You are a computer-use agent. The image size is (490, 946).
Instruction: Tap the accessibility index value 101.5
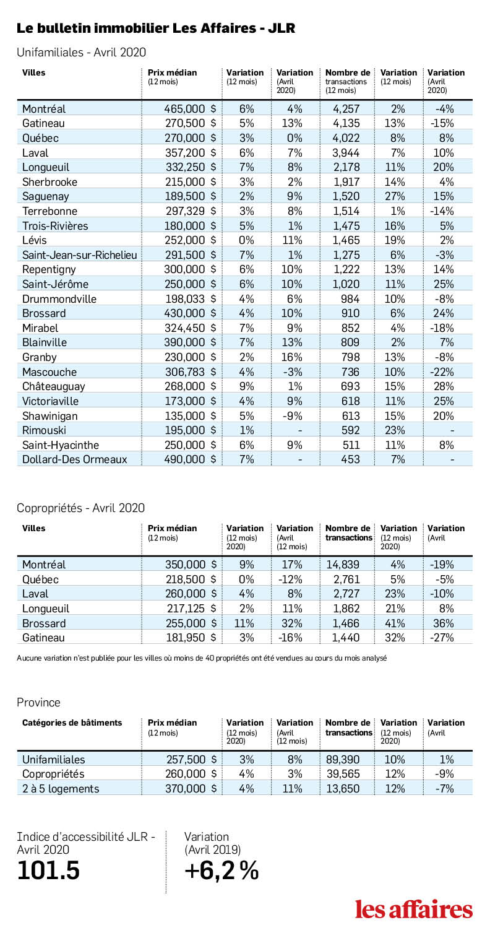(48, 870)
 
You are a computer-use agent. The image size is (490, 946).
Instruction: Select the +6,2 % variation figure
(221, 870)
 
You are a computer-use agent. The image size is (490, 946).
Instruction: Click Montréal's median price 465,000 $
(190, 109)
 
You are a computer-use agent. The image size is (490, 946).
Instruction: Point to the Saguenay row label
(46, 196)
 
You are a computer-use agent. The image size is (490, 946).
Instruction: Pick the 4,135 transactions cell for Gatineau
(346, 123)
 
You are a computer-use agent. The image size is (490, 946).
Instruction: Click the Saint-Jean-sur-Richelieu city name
(80, 255)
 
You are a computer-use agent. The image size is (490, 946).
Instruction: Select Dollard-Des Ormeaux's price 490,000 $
(190, 459)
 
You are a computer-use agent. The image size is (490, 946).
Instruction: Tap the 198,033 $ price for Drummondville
(191, 299)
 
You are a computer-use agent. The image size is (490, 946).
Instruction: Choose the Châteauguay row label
(54, 386)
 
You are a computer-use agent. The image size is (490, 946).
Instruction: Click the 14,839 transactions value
(343, 565)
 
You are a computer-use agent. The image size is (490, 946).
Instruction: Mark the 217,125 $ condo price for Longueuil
(191, 609)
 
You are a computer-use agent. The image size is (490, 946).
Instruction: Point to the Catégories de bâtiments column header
(72, 723)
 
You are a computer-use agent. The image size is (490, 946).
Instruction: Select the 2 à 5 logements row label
(61, 789)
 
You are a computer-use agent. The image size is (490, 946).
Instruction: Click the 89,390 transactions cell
(343, 759)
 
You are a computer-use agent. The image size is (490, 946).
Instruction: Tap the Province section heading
(38, 702)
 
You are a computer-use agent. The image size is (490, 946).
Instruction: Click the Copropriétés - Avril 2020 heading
(80, 508)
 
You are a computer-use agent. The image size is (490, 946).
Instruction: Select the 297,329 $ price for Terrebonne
(191, 211)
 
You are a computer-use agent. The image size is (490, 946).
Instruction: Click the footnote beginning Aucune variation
(202, 658)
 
